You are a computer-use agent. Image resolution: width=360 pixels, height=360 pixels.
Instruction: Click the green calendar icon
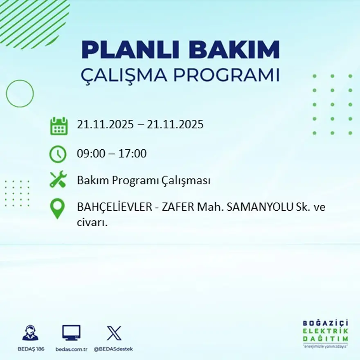point(59,126)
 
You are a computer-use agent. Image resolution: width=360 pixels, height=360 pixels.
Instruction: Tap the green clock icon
point(58,154)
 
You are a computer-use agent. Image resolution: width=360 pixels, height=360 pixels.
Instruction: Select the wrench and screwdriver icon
point(58,180)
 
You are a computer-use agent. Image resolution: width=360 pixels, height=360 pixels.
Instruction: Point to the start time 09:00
point(90,154)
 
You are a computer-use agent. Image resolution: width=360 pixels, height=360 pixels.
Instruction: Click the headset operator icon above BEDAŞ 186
point(30,333)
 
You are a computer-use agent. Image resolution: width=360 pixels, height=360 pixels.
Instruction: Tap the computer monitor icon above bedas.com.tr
point(71,333)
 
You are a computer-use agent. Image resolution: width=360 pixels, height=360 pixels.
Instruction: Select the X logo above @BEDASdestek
point(114,333)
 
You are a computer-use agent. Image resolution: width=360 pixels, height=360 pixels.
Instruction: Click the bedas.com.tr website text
point(72,349)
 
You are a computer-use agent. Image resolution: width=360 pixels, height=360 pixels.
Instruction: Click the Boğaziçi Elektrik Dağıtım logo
point(325,332)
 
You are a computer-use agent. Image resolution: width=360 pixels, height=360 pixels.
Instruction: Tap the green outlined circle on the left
point(20,94)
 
